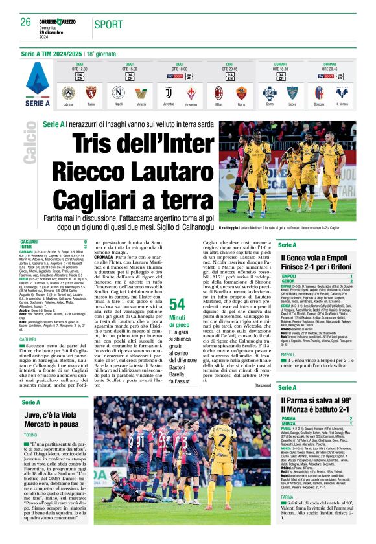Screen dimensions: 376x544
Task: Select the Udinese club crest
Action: click(68, 92)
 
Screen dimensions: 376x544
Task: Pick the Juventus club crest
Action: click(168, 92)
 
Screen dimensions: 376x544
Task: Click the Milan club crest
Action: click(218, 92)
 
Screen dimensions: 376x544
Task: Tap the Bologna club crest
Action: click(319, 92)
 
